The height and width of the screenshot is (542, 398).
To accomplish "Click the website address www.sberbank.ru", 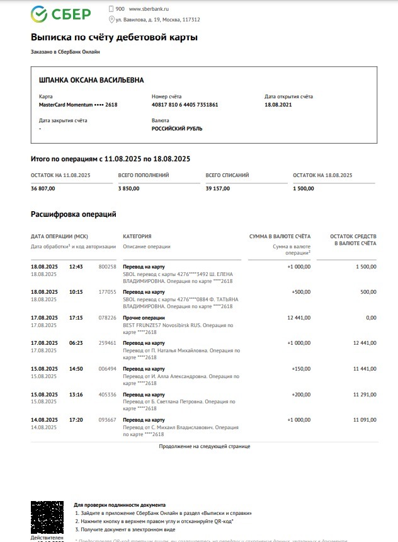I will pyautogui.click(x=149, y=9).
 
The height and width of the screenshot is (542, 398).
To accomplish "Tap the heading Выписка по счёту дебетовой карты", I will pyautogui.click(x=114, y=37).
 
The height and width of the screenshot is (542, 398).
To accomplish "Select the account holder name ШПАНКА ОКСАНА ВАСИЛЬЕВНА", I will pyautogui.click(x=91, y=80).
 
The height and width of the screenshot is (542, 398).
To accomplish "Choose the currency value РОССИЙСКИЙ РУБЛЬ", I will pyautogui.click(x=177, y=129).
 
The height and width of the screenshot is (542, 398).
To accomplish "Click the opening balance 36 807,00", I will pyautogui.click(x=43, y=188).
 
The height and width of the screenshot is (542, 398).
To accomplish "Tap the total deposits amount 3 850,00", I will pyautogui.click(x=128, y=188).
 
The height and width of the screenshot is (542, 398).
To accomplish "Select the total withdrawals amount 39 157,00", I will pyautogui.click(x=218, y=188).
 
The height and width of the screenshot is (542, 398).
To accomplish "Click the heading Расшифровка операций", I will pyautogui.click(x=74, y=214).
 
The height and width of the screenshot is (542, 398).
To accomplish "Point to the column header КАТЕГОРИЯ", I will pyautogui.click(x=137, y=236).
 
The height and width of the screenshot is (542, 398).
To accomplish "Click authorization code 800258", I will pyautogui.click(x=108, y=267).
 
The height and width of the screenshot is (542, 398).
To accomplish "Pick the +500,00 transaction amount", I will pyautogui.click(x=300, y=292).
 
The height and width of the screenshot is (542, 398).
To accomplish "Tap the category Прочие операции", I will pyautogui.click(x=144, y=318).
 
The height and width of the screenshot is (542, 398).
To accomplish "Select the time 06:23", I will pyautogui.click(x=76, y=343).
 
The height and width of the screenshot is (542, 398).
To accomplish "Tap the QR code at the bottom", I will pyautogui.click(x=47, y=517).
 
